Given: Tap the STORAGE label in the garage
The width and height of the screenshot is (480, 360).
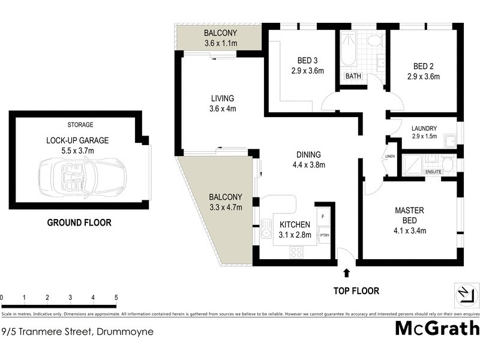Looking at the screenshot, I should [x=80, y=125].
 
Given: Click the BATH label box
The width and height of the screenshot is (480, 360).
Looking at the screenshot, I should [x=353, y=76].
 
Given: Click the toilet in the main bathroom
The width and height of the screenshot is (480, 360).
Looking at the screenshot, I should [x=376, y=41].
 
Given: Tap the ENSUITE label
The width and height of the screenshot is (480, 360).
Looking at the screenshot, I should [x=433, y=172].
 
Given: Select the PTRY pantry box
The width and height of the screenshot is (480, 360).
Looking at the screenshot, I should [x=324, y=235].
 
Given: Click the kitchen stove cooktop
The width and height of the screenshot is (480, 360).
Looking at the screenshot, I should [x=296, y=252].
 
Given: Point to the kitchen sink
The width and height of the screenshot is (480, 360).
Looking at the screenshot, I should [x=265, y=230].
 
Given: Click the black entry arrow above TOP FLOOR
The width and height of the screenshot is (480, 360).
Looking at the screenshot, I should [x=346, y=274].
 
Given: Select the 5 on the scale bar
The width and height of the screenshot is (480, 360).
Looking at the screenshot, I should [x=115, y=298].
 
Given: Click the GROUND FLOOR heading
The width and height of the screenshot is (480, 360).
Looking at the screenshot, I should [x=79, y=223].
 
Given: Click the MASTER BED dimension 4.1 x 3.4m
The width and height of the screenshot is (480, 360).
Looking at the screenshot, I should [x=410, y=230].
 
